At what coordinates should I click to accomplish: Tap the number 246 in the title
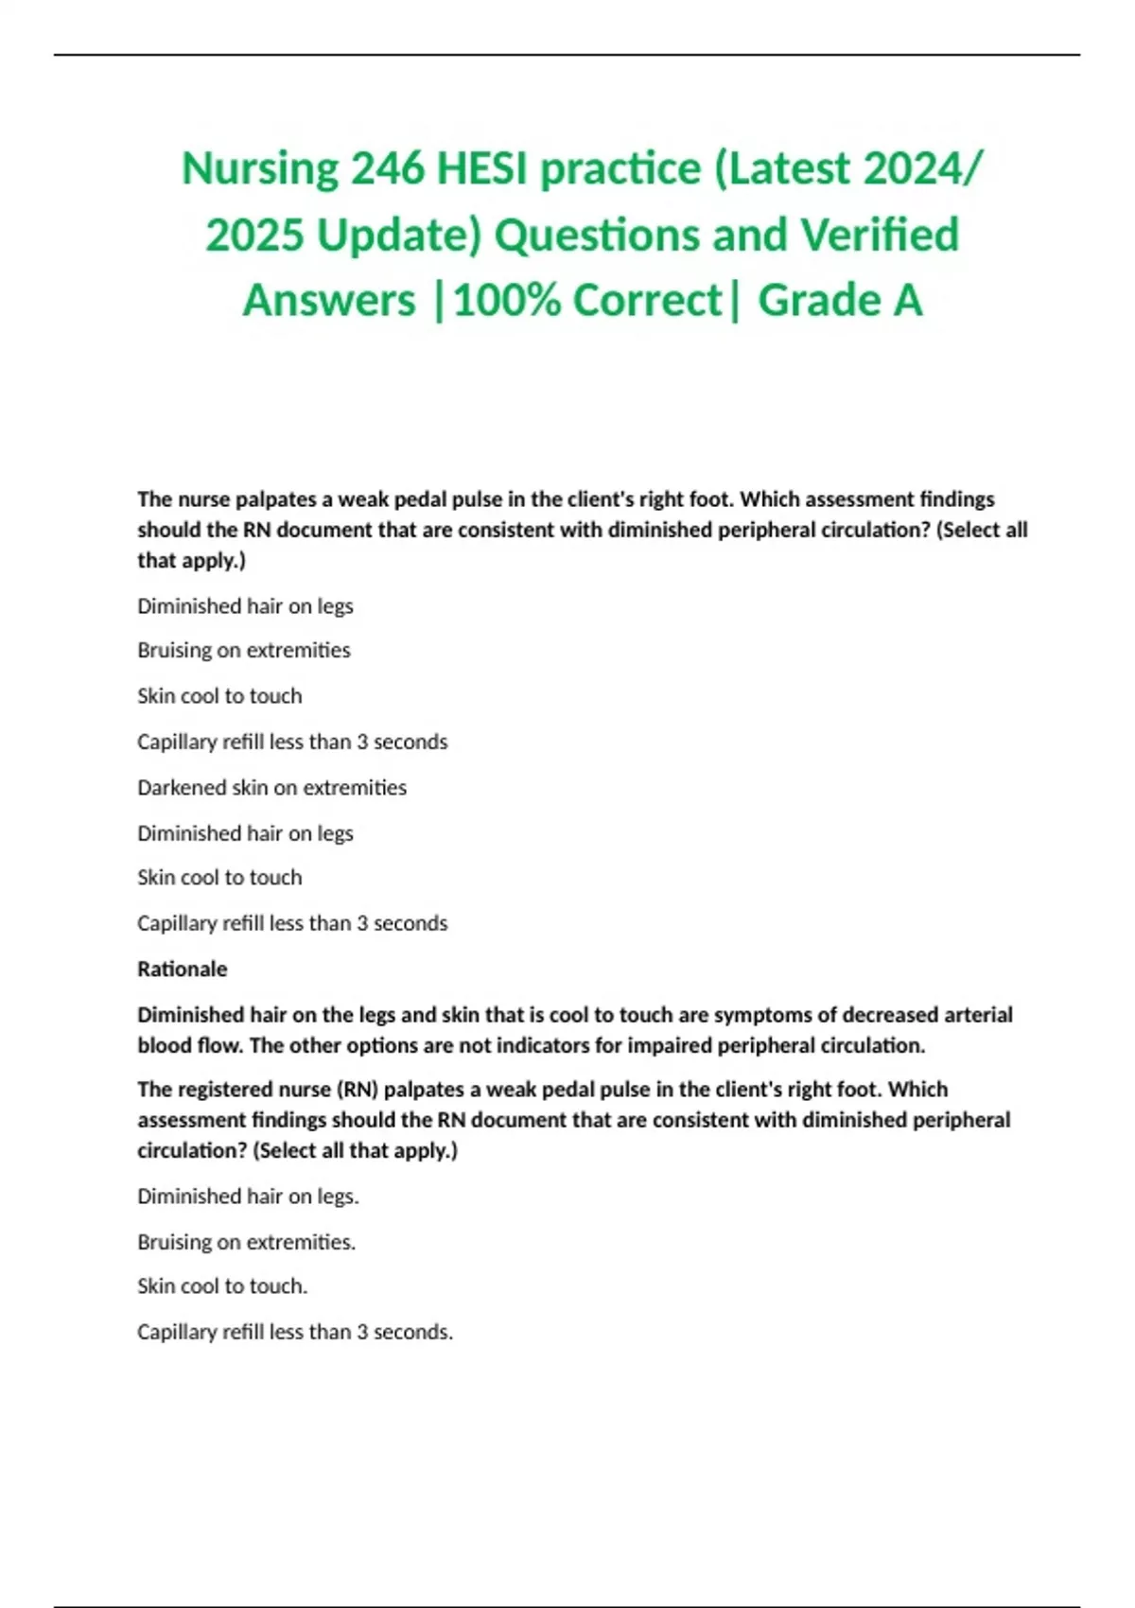pyautogui.click(x=387, y=169)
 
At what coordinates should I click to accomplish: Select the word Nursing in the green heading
pyautogui.click(x=260, y=169)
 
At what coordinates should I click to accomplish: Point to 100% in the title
pyautogui.click(x=507, y=301)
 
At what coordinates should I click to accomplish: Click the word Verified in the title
pyautogui.click(x=880, y=236)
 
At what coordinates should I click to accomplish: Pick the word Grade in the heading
pyautogui.click(x=812, y=301)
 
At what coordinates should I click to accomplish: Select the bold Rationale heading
pyautogui.click(x=183, y=969)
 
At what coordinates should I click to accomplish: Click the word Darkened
pyautogui.click(x=181, y=787)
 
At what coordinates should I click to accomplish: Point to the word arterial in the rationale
pyautogui.click(x=974, y=1015)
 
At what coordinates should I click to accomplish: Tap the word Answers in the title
pyautogui.click(x=329, y=301)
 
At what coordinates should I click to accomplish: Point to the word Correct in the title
pyautogui.click(x=647, y=301)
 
